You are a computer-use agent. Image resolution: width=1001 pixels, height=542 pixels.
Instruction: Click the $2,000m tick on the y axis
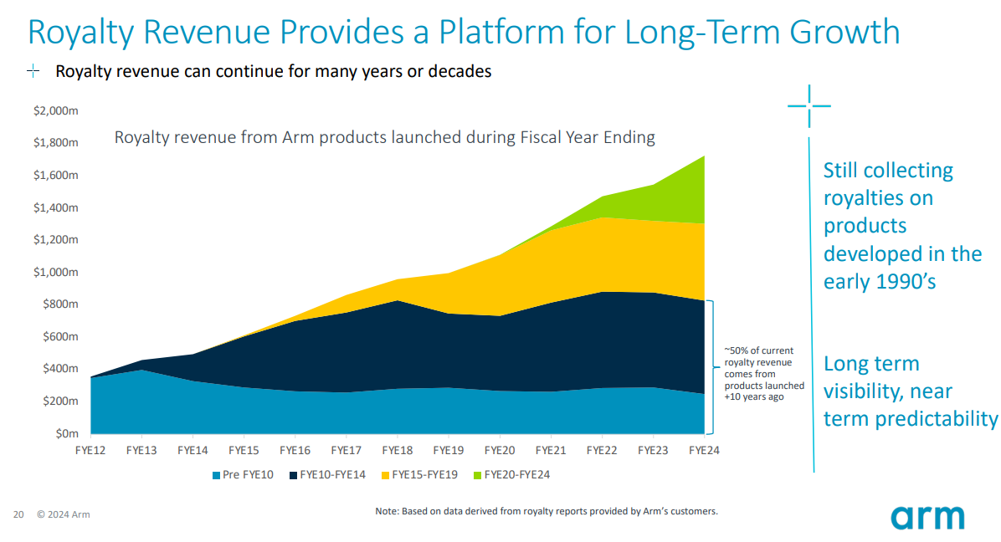point(56,111)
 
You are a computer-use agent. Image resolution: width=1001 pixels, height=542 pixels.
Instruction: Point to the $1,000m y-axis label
point(56,272)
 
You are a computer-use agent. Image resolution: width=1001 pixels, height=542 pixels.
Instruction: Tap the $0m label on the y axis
point(65,434)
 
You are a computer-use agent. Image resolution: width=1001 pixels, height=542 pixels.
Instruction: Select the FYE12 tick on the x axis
point(90,450)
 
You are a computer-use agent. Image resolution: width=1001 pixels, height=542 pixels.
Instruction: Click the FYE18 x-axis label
point(397,450)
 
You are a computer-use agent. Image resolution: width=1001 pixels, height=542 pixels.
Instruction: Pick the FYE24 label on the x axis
point(703,450)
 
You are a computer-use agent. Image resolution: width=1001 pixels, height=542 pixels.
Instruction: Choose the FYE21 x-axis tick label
point(550,450)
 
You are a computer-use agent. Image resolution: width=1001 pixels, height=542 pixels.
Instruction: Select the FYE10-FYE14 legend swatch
point(295,475)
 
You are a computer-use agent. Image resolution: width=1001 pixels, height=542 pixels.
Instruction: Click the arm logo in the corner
point(927,515)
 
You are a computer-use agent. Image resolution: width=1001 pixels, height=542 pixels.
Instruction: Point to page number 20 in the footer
point(18,514)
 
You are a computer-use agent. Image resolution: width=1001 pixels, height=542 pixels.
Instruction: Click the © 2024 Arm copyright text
point(63,514)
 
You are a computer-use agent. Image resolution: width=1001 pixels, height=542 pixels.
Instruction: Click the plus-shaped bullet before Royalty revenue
point(33,72)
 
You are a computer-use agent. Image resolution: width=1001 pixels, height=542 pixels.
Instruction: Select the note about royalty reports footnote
point(546,511)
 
